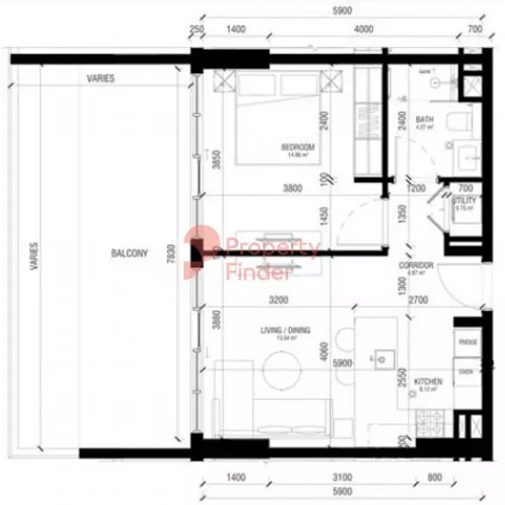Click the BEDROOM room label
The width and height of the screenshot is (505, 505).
pos(298,146)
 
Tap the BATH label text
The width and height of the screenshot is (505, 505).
pos(424,119)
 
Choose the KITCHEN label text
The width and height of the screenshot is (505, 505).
pos(428,381)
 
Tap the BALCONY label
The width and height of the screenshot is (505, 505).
pos(130,253)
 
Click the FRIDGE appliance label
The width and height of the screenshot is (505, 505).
pos(467,342)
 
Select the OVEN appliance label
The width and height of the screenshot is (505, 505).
pos(466,371)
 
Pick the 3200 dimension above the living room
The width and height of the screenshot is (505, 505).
pos(279,300)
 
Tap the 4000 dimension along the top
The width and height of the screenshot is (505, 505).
pos(363,30)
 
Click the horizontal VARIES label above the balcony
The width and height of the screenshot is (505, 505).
pos(100,78)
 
